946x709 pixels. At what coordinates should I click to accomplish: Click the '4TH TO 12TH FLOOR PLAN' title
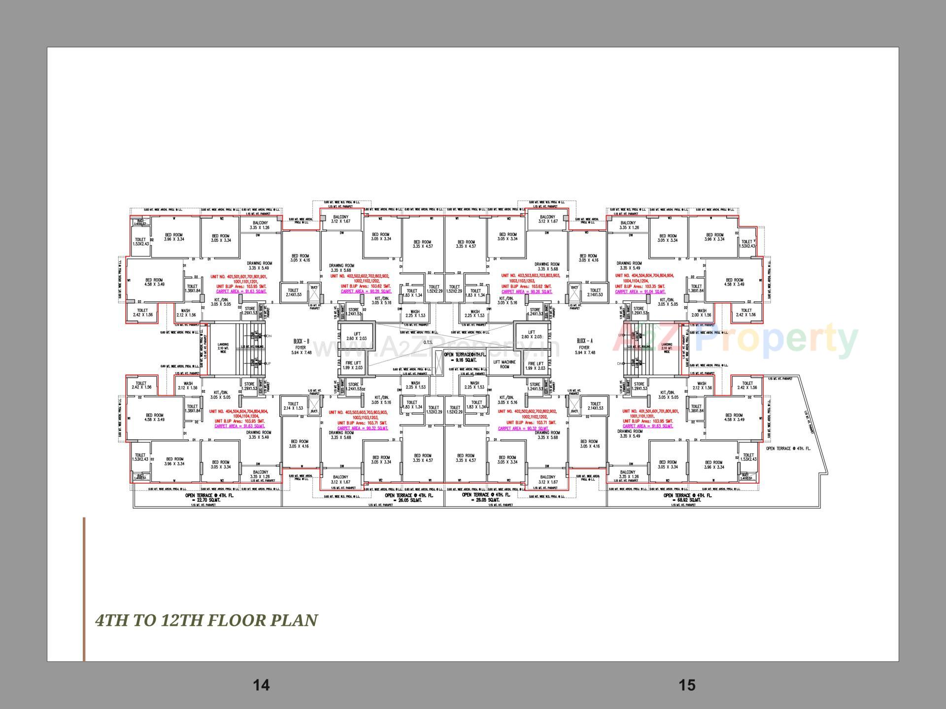pyautogui.click(x=206, y=620)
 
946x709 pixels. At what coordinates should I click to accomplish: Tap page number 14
pyautogui.click(x=261, y=685)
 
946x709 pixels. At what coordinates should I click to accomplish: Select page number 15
pyautogui.click(x=687, y=685)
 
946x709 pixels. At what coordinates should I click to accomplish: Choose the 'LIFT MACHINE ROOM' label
pyautogui.click(x=505, y=364)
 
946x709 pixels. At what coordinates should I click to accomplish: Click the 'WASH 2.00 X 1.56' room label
pyautogui.click(x=701, y=313)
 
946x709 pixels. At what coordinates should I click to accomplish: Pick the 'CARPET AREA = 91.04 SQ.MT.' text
pyautogui.click(x=640, y=292)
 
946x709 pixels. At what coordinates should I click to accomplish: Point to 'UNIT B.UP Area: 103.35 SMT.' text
pyautogui.click(x=640, y=287)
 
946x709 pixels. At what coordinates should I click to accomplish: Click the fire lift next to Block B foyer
pyautogui.click(x=353, y=365)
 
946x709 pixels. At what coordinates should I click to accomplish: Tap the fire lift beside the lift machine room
pyautogui.click(x=536, y=365)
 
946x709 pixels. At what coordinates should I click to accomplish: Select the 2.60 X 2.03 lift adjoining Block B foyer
pyautogui.click(x=356, y=336)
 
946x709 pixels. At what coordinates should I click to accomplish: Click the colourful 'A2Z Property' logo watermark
pyautogui.click(x=734, y=340)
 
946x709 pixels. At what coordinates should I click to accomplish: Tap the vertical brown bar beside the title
pyautogui.click(x=84, y=588)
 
